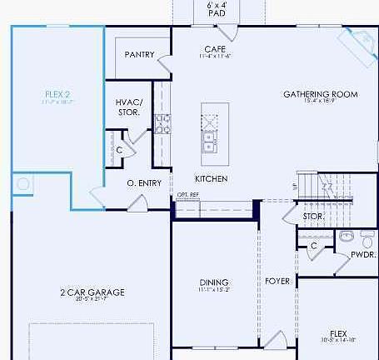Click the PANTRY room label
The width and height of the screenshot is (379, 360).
click(x=139, y=55)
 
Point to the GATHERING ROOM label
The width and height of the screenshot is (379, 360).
click(x=320, y=94)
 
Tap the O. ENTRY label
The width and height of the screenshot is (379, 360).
click(x=143, y=182)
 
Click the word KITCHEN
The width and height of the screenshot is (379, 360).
click(x=212, y=179)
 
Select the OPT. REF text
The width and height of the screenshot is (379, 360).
click(x=188, y=195)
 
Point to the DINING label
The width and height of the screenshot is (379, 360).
click(x=214, y=282)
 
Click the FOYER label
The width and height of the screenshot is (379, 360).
click(x=277, y=281)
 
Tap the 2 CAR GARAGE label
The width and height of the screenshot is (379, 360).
click(x=92, y=292)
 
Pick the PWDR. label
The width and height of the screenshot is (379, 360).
click(x=363, y=254)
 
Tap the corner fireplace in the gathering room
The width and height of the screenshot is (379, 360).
click(x=359, y=39)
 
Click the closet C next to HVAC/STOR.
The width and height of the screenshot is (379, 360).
click(x=120, y=149)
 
